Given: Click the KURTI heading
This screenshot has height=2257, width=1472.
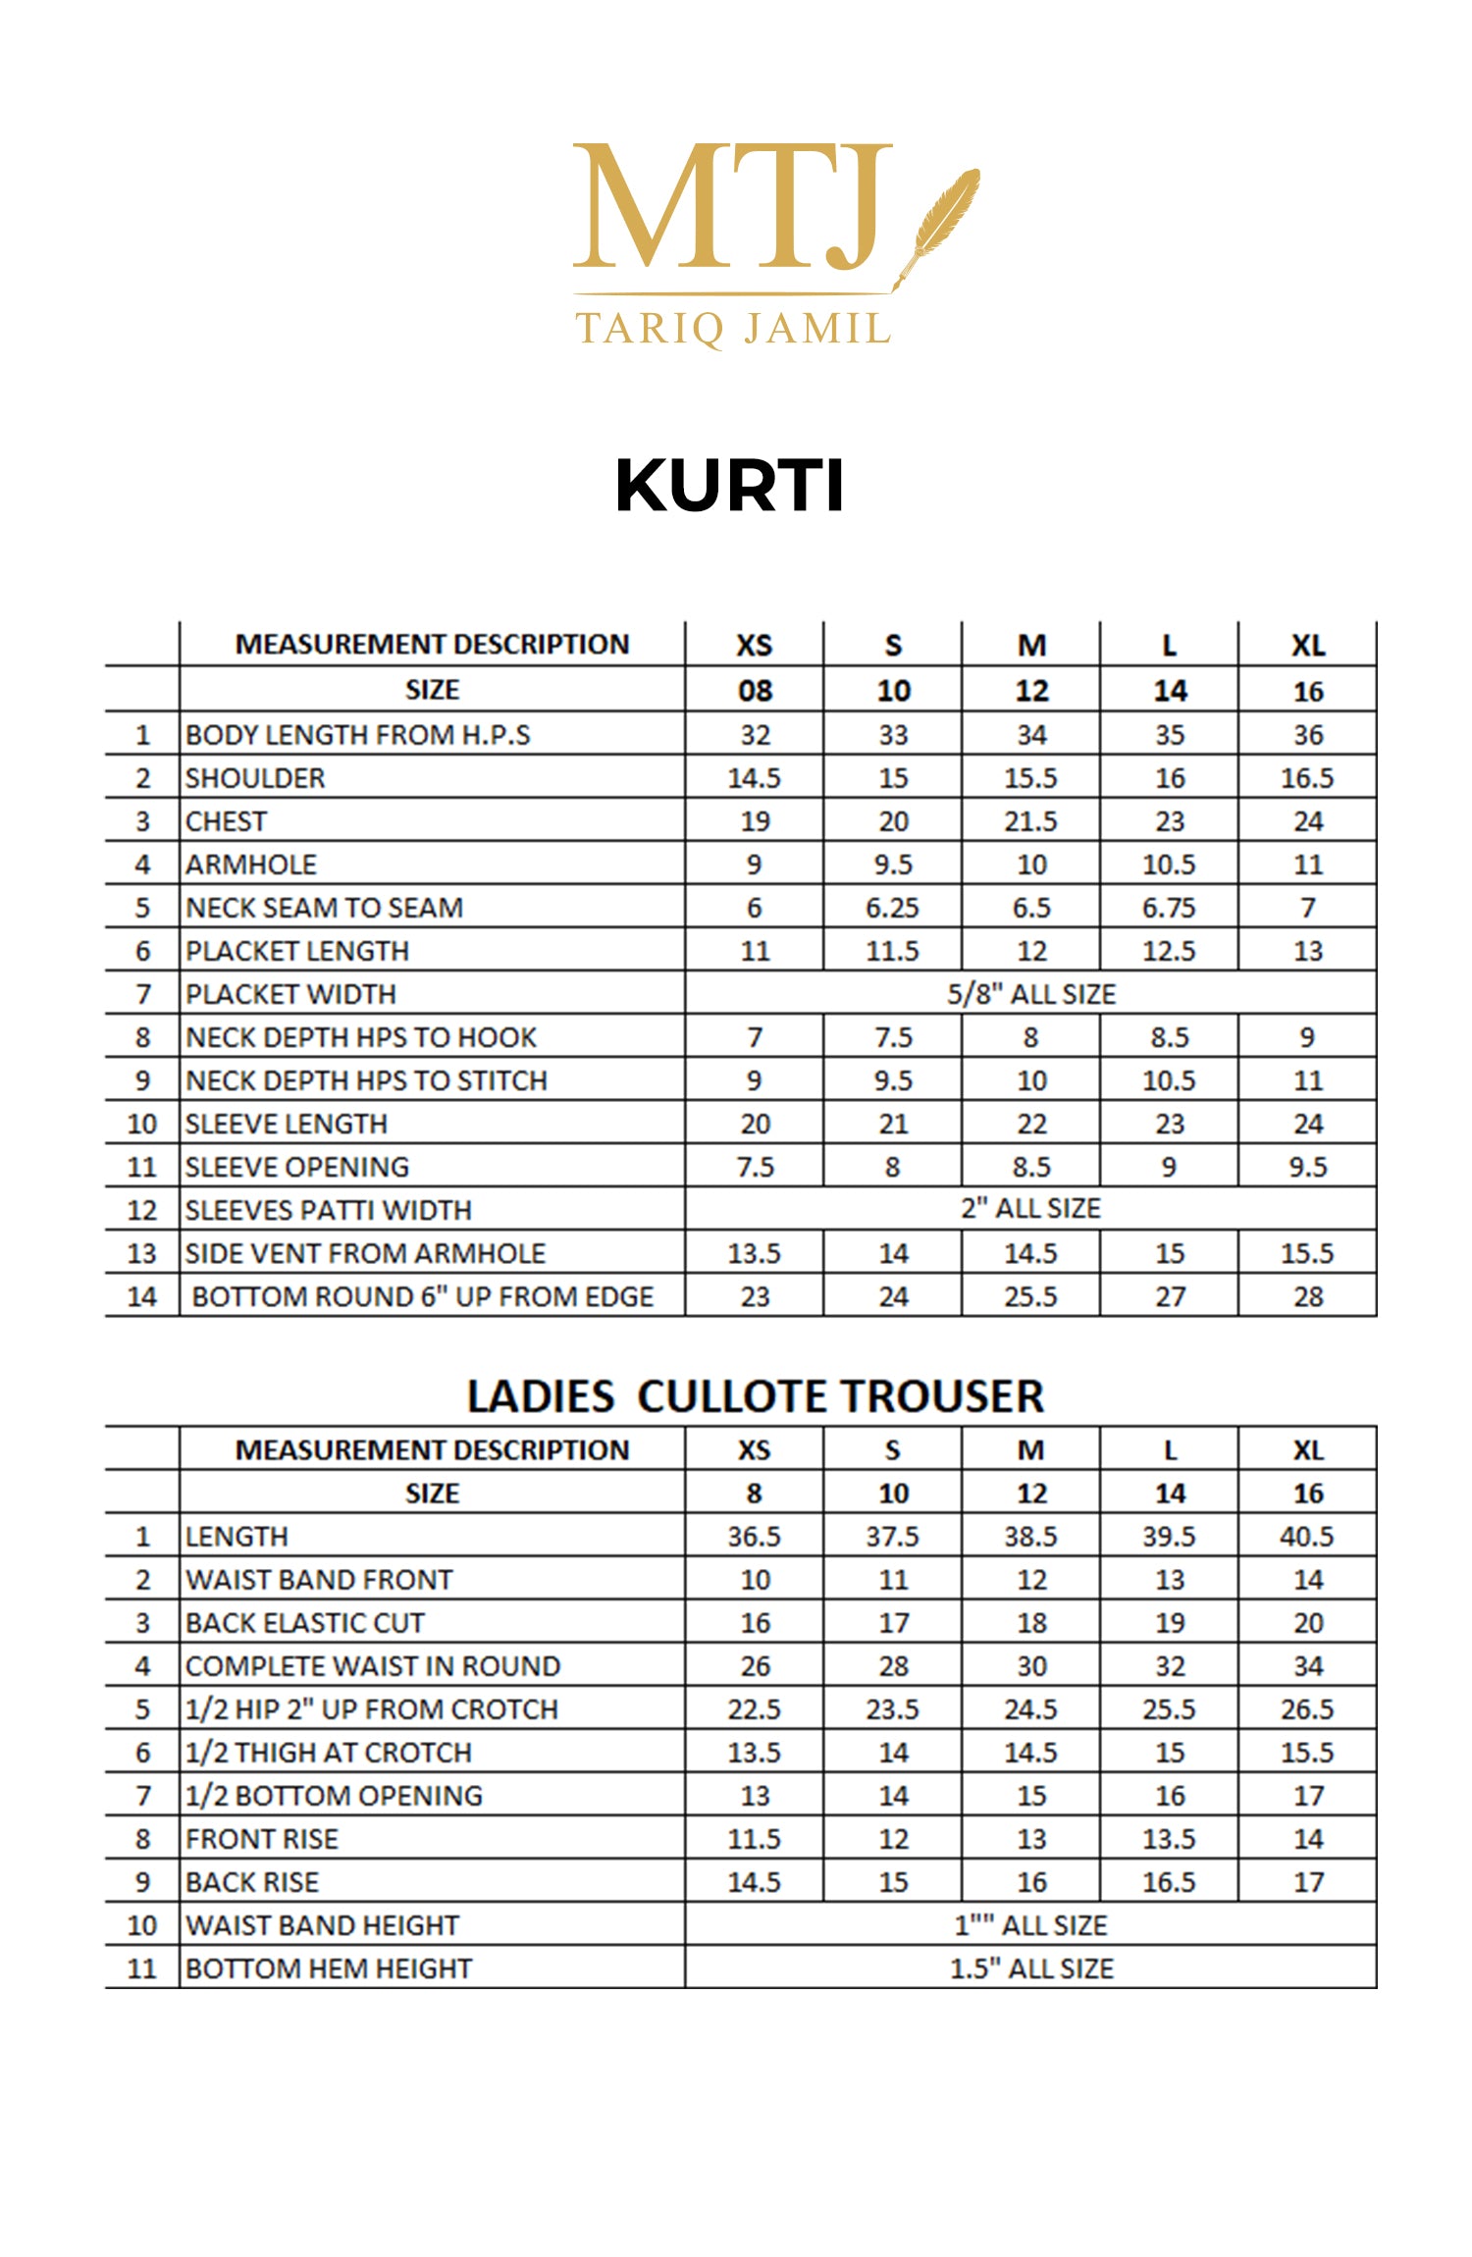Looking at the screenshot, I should pyautogui.click(x=729, y=485).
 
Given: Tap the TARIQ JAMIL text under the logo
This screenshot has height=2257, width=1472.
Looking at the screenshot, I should pyautogui.click(x=733, y=329).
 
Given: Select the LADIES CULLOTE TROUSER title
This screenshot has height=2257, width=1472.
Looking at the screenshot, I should pyautogui.click(x=755, y=1395).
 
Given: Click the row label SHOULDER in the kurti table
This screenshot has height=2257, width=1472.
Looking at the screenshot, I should pyautogui.click(x=255, y=778).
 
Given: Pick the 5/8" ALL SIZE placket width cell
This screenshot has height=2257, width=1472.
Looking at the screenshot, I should pyautogui.click(x=1030, y=994).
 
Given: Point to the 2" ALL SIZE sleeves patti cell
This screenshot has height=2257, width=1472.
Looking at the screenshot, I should pyautogui.click(x=1030, y=1208).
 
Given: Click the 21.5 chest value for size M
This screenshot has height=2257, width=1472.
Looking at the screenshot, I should pyautogui.click(x=1030, y=821).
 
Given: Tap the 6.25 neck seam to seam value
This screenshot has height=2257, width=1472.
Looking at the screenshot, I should pyautogui.click(x=892, y=908).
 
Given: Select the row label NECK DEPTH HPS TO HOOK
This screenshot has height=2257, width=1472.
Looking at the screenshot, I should pyautogui.click(x=361, y=1037).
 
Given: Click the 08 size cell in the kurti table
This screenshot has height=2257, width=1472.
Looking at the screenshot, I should pyautogui.click(x=755, y=691).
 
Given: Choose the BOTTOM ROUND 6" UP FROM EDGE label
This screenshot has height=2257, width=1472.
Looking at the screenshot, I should pyautogui.click(x=422, y=1296).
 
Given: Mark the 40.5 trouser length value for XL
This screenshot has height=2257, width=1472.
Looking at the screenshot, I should pyautogui.click(x=1307, y=1536).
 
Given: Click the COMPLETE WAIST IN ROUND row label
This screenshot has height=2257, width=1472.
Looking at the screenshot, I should pyautogui.click(x=373, y=1665).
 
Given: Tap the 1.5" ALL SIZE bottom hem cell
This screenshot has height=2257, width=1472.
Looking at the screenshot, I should pyautogui.click(x=1030, y=1968).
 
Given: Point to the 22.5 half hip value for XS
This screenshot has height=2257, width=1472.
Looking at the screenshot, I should pyautogui.click(x=755, y=1708).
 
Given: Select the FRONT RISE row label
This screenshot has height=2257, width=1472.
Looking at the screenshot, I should pyautogui.click(x=262, y=1838).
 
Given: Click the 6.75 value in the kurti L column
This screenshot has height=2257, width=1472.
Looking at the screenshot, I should pyautogui.click(x=1169, y=908).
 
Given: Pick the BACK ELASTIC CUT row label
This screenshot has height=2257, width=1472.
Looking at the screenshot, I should pyautogui.click(x=305, y=1622).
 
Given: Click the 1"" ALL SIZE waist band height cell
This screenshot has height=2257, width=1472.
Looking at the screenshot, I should pyautogui.click(x=1030, y=1924).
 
